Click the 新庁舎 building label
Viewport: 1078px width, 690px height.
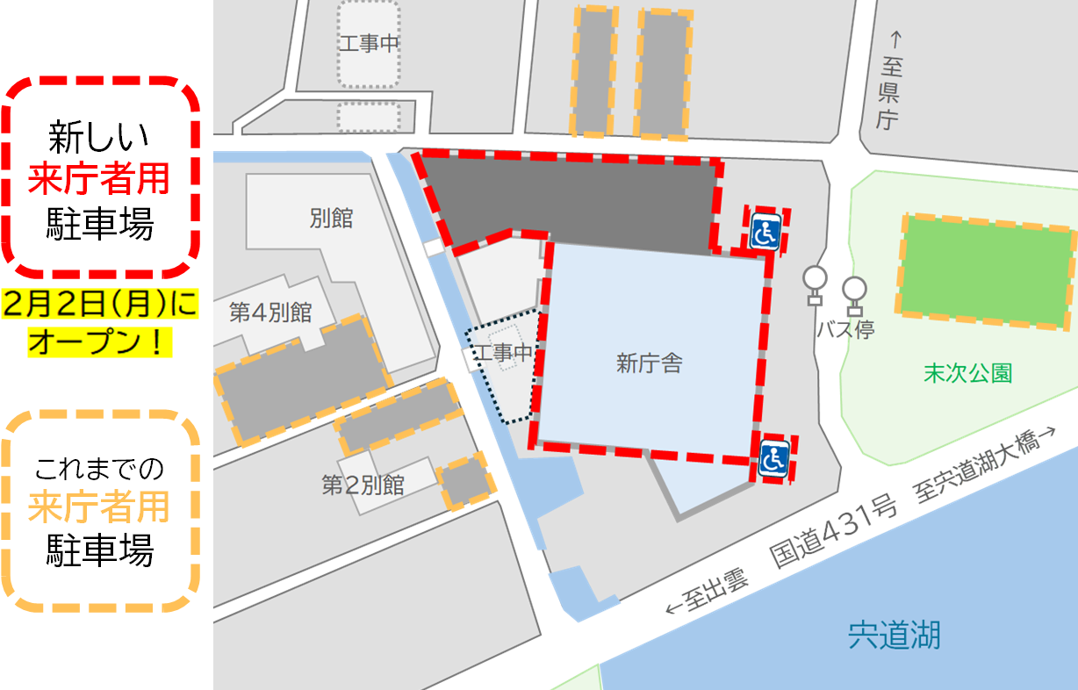650,363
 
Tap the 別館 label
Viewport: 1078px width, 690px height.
332,219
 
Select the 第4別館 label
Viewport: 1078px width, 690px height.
271,313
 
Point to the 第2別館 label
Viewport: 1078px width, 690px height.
363,485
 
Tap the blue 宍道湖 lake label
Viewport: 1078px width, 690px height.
894,634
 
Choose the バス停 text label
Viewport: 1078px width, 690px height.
845,330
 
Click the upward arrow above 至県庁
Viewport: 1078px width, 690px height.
895,40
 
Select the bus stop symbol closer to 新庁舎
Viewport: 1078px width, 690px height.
815,284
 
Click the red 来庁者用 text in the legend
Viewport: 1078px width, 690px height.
98,181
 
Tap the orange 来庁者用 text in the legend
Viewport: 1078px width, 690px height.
98,507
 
